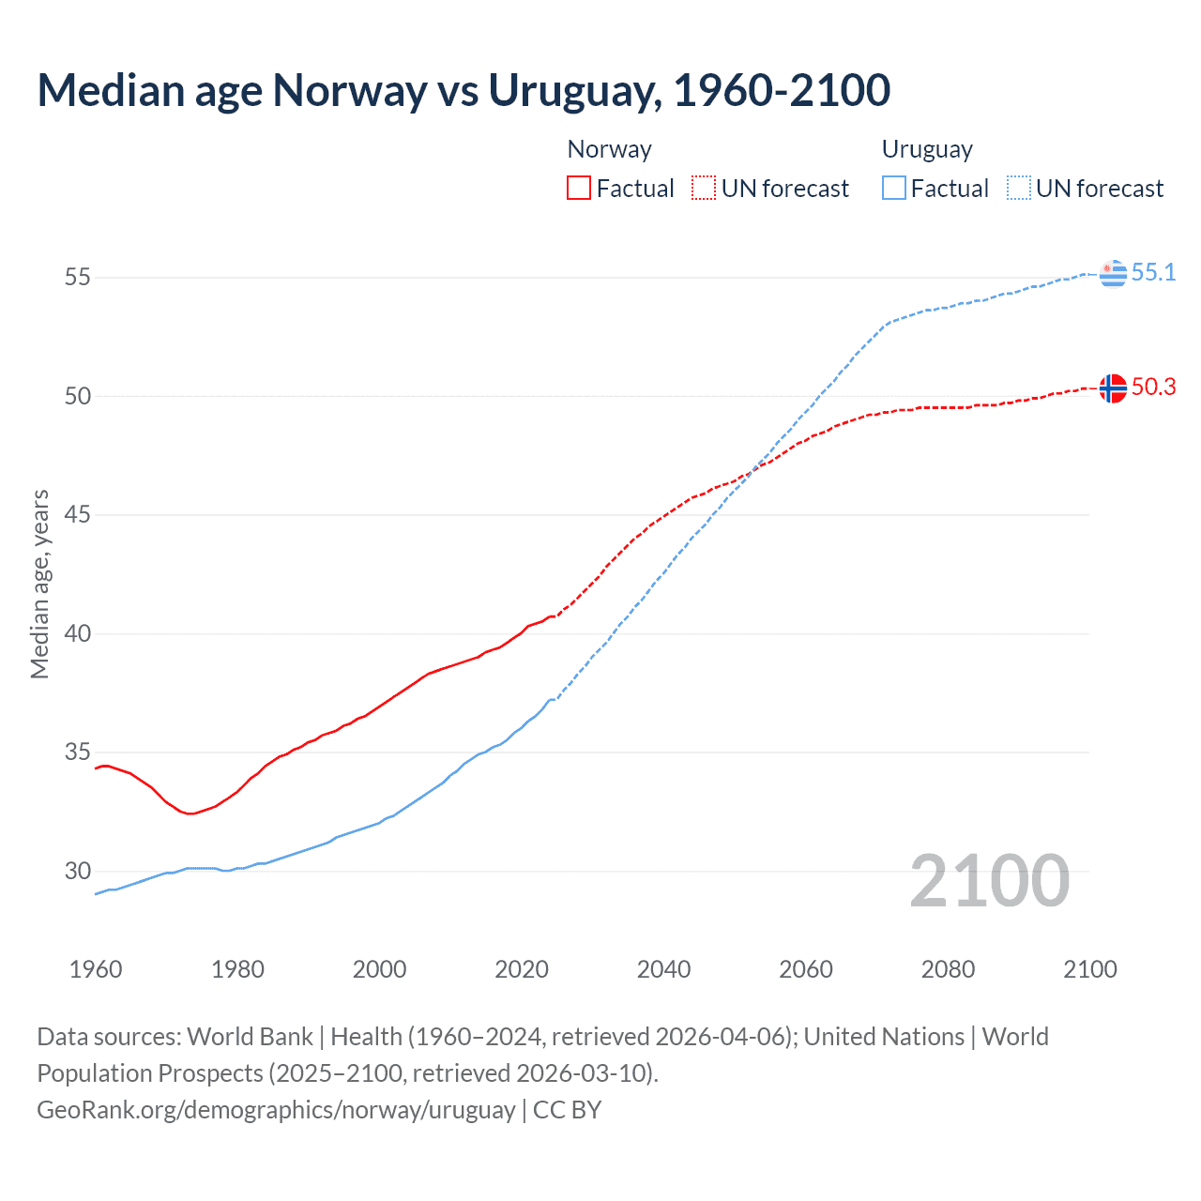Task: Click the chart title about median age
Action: coord(464,90)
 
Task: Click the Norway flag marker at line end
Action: coord(1113,388)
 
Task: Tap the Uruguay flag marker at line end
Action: coord(1113,273)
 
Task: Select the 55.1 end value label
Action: coord(1153,272)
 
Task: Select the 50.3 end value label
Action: coord(1153,387)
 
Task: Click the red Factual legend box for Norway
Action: coord(579,189)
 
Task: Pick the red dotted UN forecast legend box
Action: coord(704,189)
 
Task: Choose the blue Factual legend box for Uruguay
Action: coord(894,189)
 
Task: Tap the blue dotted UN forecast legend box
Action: coord(1019,189)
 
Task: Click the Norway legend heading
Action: coord(609,149)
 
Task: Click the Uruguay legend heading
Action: coord(927,149)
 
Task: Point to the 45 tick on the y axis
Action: coord(78,515)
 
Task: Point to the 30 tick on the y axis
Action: coord(78,871)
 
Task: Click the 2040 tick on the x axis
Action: coord(663,969)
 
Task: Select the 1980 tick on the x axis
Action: coord(237,969)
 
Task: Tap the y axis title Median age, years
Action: coord(39,584)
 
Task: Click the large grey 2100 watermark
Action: coord(989,880)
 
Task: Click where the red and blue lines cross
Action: coord(751,471)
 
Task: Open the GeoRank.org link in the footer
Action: coord(276,1110)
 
